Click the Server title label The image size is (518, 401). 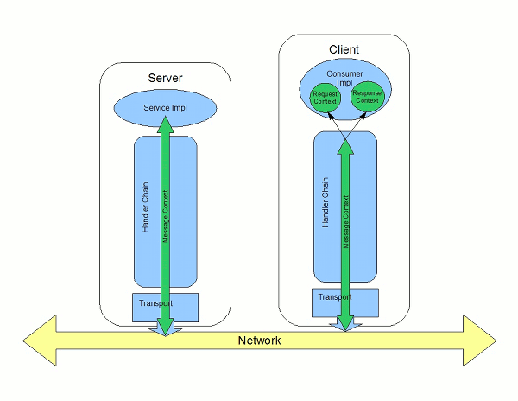click(x=165, y=79)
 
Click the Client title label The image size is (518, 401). click(x=344, y=49)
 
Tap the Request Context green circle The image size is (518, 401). click(x=325, y=97)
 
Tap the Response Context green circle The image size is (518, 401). click(x=367, y=97)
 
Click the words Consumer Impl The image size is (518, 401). click(x=344, y=76)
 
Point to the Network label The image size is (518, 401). click(x=259, y=341)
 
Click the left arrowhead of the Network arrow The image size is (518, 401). click(x=39, y=341)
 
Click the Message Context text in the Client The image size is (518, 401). click(x=345, y=223)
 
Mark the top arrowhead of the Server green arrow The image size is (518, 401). click(x=165, y=122)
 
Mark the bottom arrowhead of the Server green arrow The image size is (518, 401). click(x=165, y=327)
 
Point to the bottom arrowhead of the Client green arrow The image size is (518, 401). click(x=345, y=323)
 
